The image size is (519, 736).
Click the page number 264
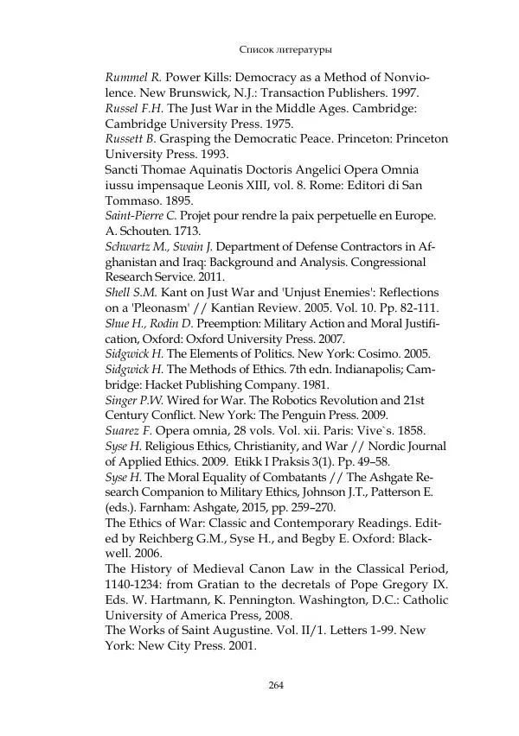pyautogui.click(x=277, y=686)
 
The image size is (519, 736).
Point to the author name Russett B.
pyautogui.click(x=131, y=139)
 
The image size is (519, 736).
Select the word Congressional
pyautogui.click(x=388, y=263)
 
